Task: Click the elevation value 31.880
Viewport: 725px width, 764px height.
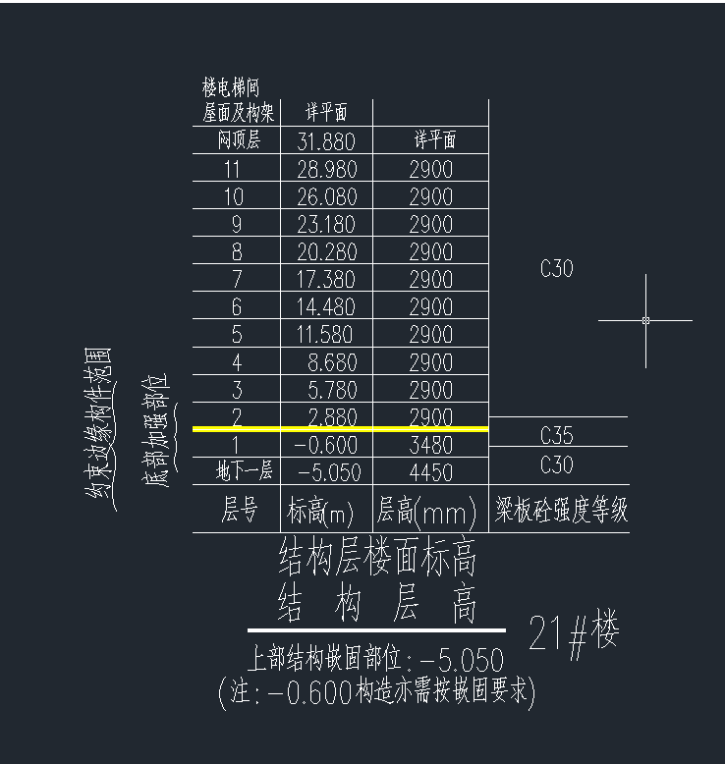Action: [326, 141]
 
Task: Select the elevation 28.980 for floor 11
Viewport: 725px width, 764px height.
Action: [327, 169]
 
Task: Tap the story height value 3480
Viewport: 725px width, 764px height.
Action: [431, 445]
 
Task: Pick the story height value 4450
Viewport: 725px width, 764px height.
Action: [431, 472]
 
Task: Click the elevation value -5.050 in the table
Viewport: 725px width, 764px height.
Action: [329, 472]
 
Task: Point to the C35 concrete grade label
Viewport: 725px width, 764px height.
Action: [557, 435]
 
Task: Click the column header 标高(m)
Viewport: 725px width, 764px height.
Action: [320, 511]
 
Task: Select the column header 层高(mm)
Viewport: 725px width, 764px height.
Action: [426, 511]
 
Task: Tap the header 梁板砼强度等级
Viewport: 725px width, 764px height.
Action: [561, 510]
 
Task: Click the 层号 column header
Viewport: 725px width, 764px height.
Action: [239, 510]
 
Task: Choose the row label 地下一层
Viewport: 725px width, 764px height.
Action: [244, 470]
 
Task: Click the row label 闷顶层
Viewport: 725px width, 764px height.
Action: [239, 139]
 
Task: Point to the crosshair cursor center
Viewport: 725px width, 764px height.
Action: [646, 320]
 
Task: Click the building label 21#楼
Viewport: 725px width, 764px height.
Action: [574, 633]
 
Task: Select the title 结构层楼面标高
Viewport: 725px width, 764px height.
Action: [377, 556]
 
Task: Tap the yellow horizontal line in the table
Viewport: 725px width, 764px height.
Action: [340, 429]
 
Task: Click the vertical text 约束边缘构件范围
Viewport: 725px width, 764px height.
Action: [99, 429]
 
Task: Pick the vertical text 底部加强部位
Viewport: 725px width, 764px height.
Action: [157, 431]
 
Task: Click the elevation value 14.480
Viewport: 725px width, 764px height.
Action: [326, 307]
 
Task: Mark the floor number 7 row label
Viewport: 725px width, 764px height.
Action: [237, 279]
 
